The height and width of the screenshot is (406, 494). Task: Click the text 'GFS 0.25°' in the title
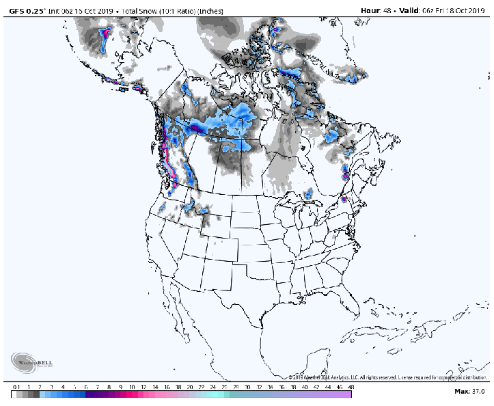tap(27, 10)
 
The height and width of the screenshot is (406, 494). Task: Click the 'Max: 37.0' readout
tap(469, 391)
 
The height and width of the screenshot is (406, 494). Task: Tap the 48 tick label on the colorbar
tap(351, 386)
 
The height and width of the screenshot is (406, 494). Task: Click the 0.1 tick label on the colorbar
tap(16, 386)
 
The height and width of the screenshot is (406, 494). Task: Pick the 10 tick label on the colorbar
tap(131, 386)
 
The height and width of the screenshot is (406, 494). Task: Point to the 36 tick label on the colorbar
tap(282, 386)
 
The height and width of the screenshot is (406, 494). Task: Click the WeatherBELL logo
tap(32, 362)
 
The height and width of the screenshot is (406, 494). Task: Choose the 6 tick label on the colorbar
tap(85, 386)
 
